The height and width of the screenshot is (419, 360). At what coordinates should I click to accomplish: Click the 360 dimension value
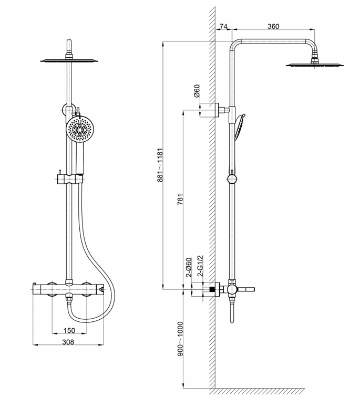(273, 27)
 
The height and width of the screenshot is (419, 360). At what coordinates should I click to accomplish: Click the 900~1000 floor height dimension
(180, 339)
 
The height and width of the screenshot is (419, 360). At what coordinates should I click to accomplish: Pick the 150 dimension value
(68, 331)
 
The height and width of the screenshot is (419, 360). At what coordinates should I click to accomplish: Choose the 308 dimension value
(68, 342)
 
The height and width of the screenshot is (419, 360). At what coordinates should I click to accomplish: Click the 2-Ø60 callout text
(188, 268)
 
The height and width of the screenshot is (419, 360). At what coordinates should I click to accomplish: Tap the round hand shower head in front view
(79, 129)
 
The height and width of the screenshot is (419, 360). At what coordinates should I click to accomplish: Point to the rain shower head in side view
(314, 65)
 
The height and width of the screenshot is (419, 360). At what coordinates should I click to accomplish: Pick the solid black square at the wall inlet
(213, 289)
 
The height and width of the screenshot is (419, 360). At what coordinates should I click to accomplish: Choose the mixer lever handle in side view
(247, 289)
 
